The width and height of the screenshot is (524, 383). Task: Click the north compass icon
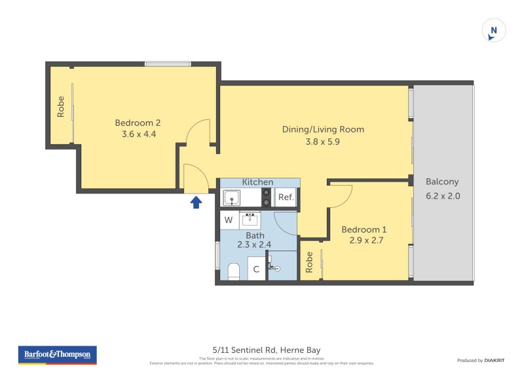tap(494, 30)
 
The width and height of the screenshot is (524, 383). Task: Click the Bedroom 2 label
tap(138, 123)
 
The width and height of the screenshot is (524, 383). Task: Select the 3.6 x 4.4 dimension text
tap(138, 134)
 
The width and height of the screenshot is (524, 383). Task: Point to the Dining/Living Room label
tap(323, 129)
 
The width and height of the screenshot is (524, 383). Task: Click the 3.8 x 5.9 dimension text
tap(323, 141)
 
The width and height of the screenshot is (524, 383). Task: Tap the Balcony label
tap(442, 182)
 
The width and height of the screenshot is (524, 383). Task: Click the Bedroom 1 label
tap(364, 230)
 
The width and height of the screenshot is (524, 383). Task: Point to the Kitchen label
tap(257, 182)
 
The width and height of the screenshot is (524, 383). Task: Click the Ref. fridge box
tap(286, 197)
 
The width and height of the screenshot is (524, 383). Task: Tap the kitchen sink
tap(232, 197)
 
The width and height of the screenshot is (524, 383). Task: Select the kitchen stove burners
tap(267, 197)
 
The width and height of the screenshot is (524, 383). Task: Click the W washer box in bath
tap(229, 220)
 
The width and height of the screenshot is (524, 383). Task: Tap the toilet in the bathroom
tap(233, 270)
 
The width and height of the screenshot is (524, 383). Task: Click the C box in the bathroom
tap(256, 269)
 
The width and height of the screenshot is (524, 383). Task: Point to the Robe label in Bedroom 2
tap(61, 106)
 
